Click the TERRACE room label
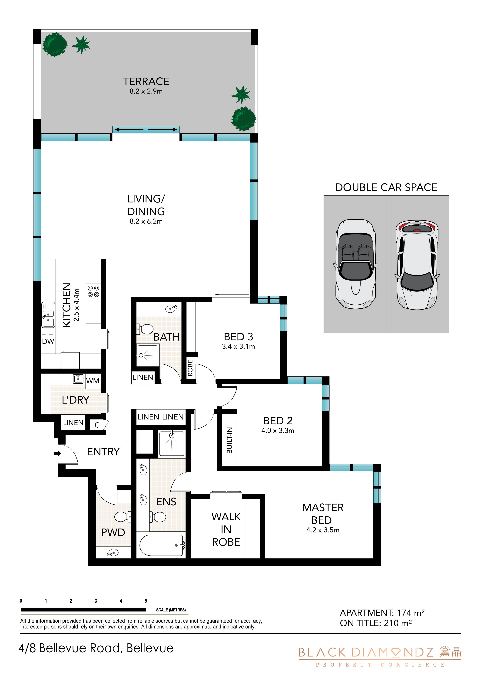click(146, 81)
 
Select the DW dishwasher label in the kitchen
click(48, 341)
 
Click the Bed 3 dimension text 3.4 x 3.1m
click(238, 347)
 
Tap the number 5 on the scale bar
click(146, 601)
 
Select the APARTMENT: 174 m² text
click(382, 613)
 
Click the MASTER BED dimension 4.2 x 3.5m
click(323, 530)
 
